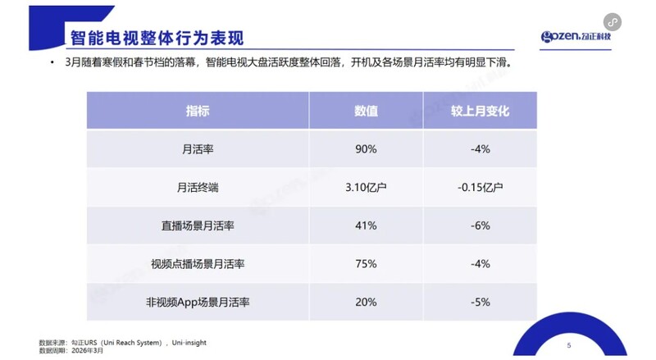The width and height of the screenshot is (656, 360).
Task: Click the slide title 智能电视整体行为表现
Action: (156, 38)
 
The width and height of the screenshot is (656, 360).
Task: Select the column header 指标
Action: (198, 111)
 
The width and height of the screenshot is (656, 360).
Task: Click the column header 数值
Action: (366, 111)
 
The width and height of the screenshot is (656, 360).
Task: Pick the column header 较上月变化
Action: (481, 111)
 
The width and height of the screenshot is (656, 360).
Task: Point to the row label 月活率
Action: (198, 149)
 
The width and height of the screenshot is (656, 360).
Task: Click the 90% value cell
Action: (366, 149)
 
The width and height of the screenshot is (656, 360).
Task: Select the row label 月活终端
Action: (198, 188)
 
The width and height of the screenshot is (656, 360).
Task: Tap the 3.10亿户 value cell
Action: (366, 188)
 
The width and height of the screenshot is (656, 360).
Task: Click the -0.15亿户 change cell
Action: (481, 188)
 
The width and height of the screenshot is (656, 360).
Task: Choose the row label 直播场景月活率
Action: (198, 226)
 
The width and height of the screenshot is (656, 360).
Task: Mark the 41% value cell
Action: (366, 226)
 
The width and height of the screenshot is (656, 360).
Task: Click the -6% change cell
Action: (481, 226)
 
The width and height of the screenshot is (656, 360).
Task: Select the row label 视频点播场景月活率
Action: (198, 264)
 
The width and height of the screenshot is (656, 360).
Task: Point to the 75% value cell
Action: (366, 264)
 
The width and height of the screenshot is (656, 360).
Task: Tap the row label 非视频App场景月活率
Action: (198, 303)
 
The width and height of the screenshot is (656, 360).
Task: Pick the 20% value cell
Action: (366, 303)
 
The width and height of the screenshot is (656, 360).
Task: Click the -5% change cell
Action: (481, 303)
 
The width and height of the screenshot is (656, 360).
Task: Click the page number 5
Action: (568, 345)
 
